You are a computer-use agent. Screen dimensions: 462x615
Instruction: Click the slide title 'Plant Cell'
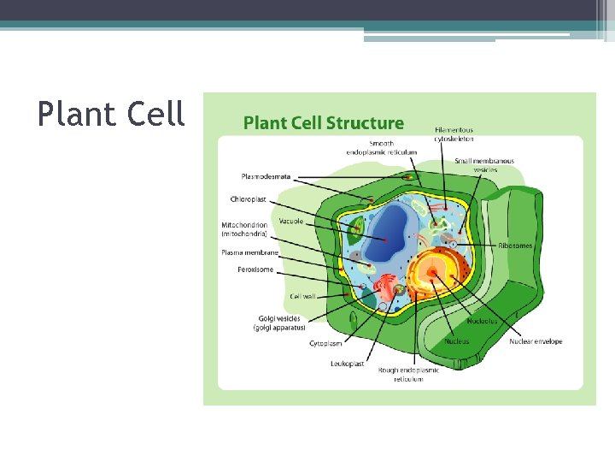(111, 114)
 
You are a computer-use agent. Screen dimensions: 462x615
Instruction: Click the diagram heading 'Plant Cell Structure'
(324, 123)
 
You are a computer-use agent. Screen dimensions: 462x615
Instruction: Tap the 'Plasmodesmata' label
(266, 177)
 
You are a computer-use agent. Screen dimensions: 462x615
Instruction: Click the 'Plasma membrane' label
(250, 252)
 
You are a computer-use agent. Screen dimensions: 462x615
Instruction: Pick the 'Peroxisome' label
(255, 269)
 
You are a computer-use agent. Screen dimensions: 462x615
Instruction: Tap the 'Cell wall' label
(302, 296)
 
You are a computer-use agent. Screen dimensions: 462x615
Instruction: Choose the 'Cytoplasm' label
(325, 343)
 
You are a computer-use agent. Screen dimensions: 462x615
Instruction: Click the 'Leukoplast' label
(348, 364)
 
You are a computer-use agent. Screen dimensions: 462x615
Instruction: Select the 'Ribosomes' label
(516, 246)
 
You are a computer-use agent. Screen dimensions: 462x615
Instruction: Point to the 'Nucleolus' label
(483, 321)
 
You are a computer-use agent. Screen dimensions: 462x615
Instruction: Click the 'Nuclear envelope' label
(536, 341)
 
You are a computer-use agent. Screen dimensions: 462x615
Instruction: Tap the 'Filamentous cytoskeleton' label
(454, 134)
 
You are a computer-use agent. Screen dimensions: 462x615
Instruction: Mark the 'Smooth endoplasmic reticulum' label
(382, 147)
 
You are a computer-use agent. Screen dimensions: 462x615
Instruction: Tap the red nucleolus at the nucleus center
(433, 273)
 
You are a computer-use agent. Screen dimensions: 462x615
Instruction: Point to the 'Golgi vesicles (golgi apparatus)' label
(278, 323)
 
